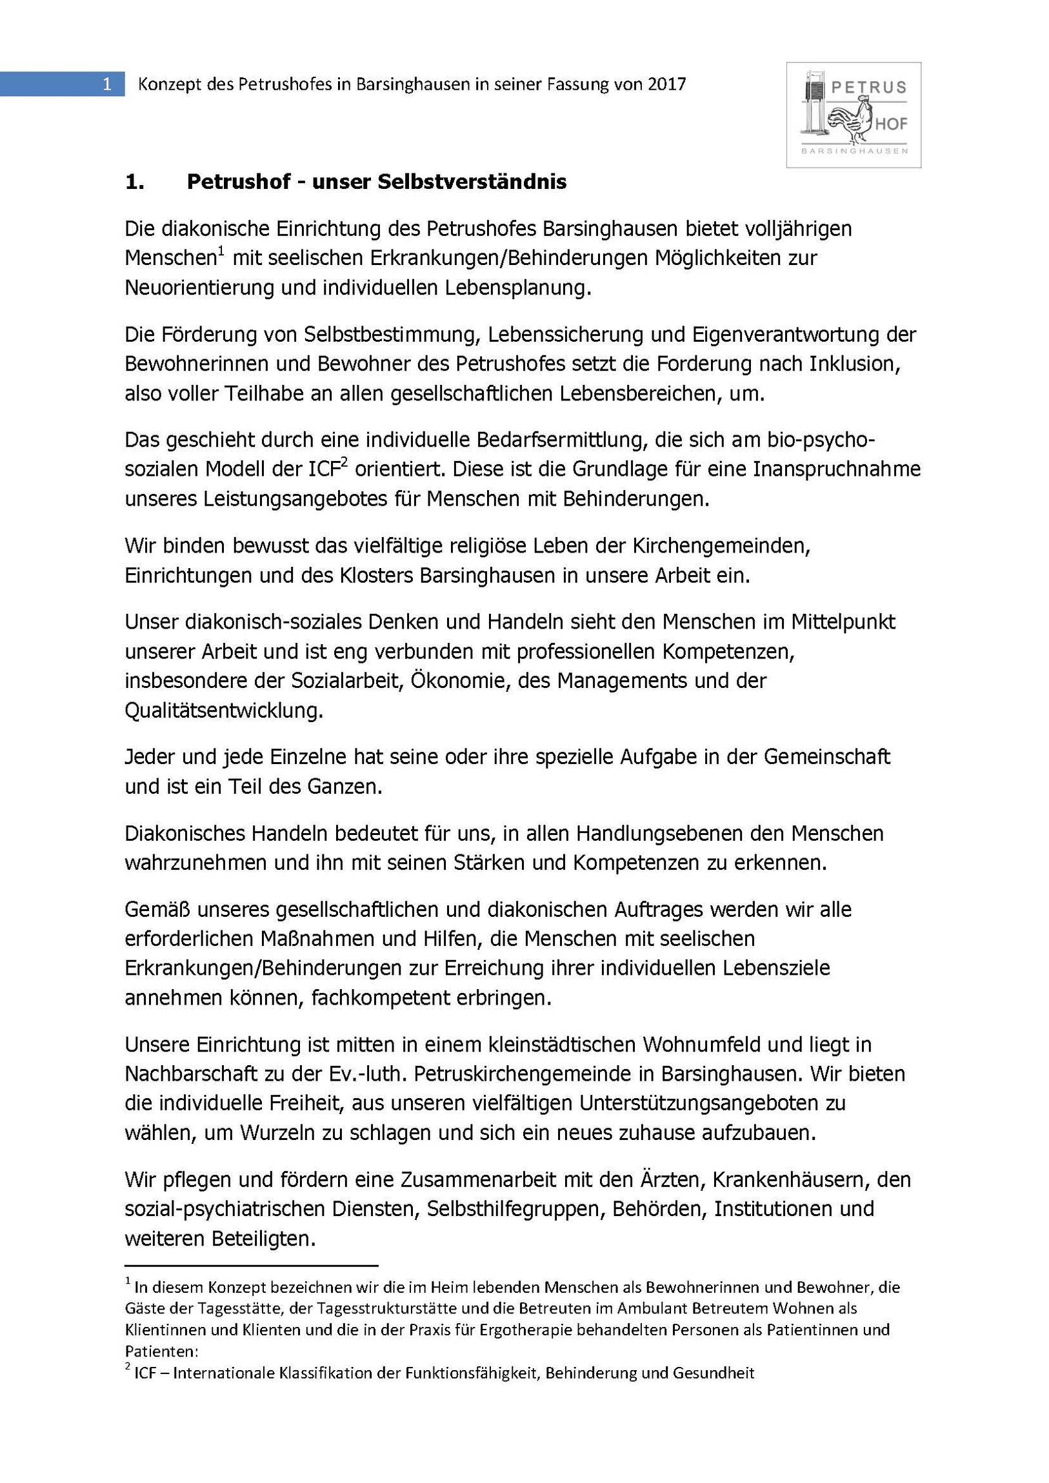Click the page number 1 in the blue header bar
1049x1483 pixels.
click(107, 84)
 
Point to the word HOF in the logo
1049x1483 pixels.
click(892, 124)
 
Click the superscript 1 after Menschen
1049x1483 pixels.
click(221, 251)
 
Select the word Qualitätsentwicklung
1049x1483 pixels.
click(224, 711)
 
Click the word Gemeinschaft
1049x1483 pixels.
click(826, 756)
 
